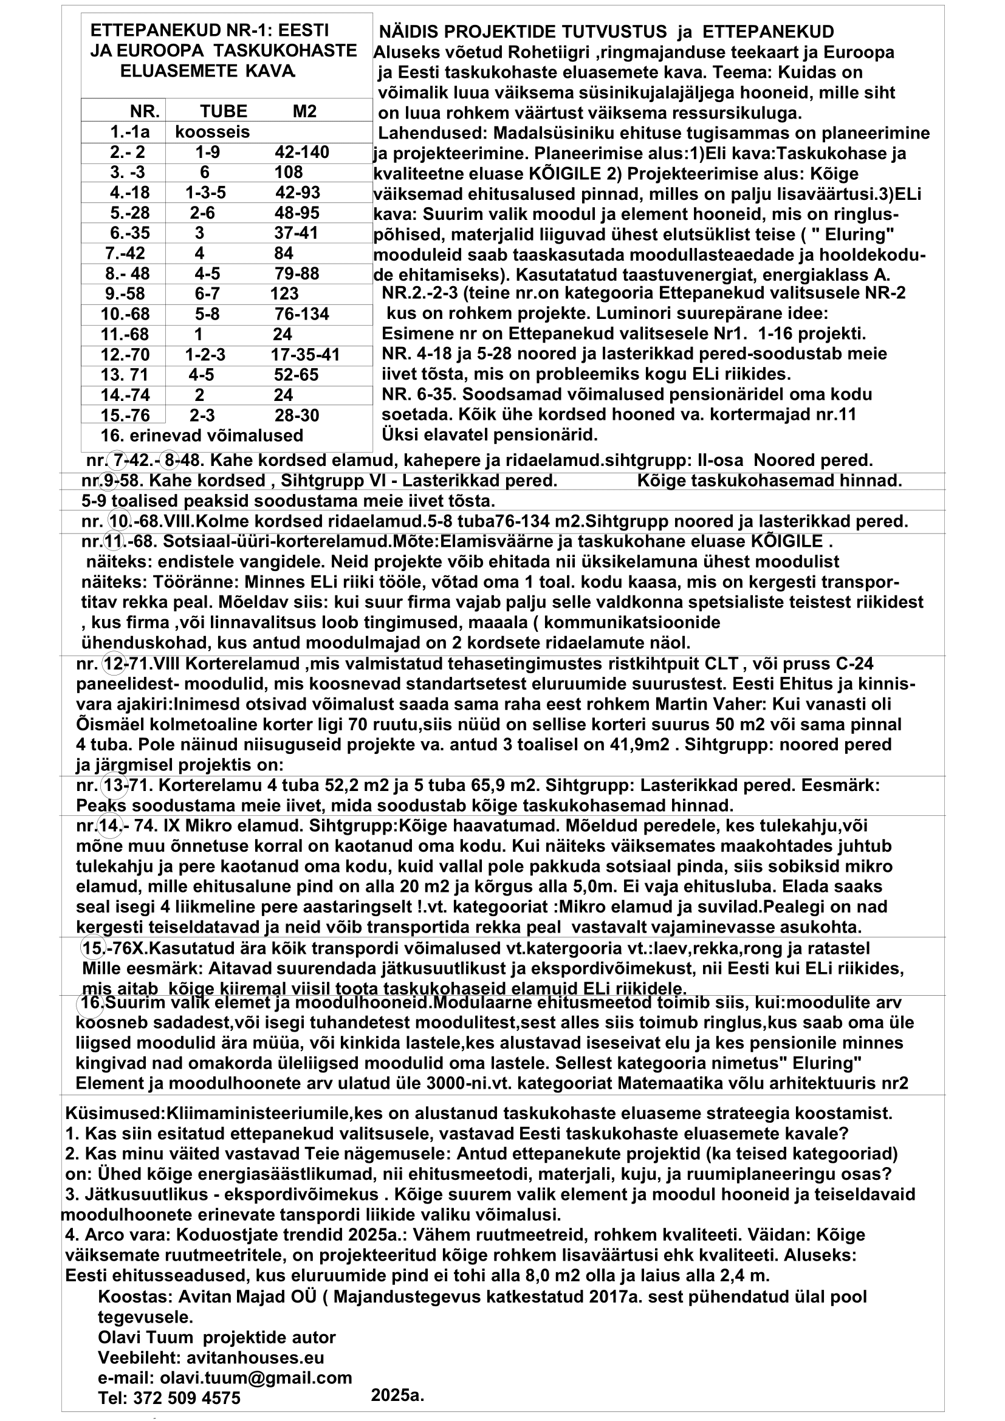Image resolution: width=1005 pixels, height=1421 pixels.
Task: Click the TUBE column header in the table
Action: pyautogui.click(x=224, y=111)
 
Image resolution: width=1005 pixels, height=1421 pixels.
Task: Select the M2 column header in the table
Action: pyautogui.click(x=304, y=111)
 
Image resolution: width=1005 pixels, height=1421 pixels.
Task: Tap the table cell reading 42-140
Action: pyautogui.click(x=301, y=152)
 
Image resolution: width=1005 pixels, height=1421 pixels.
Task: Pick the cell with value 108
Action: pyautogui.click(x=289, y=172)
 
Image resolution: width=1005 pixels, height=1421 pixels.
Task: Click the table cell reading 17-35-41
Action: pyautogui.click(x=305, y=355)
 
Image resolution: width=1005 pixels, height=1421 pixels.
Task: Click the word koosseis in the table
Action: pyautogui.click(x=212, y=132)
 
